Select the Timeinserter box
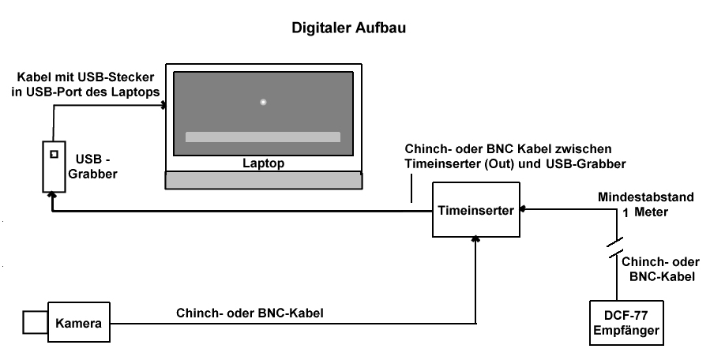476,210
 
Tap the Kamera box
78,323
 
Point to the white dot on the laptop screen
263,101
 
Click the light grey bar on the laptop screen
262,137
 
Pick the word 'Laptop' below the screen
264,164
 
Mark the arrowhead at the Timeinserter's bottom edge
476,240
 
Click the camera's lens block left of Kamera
34,322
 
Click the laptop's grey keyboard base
264,180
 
